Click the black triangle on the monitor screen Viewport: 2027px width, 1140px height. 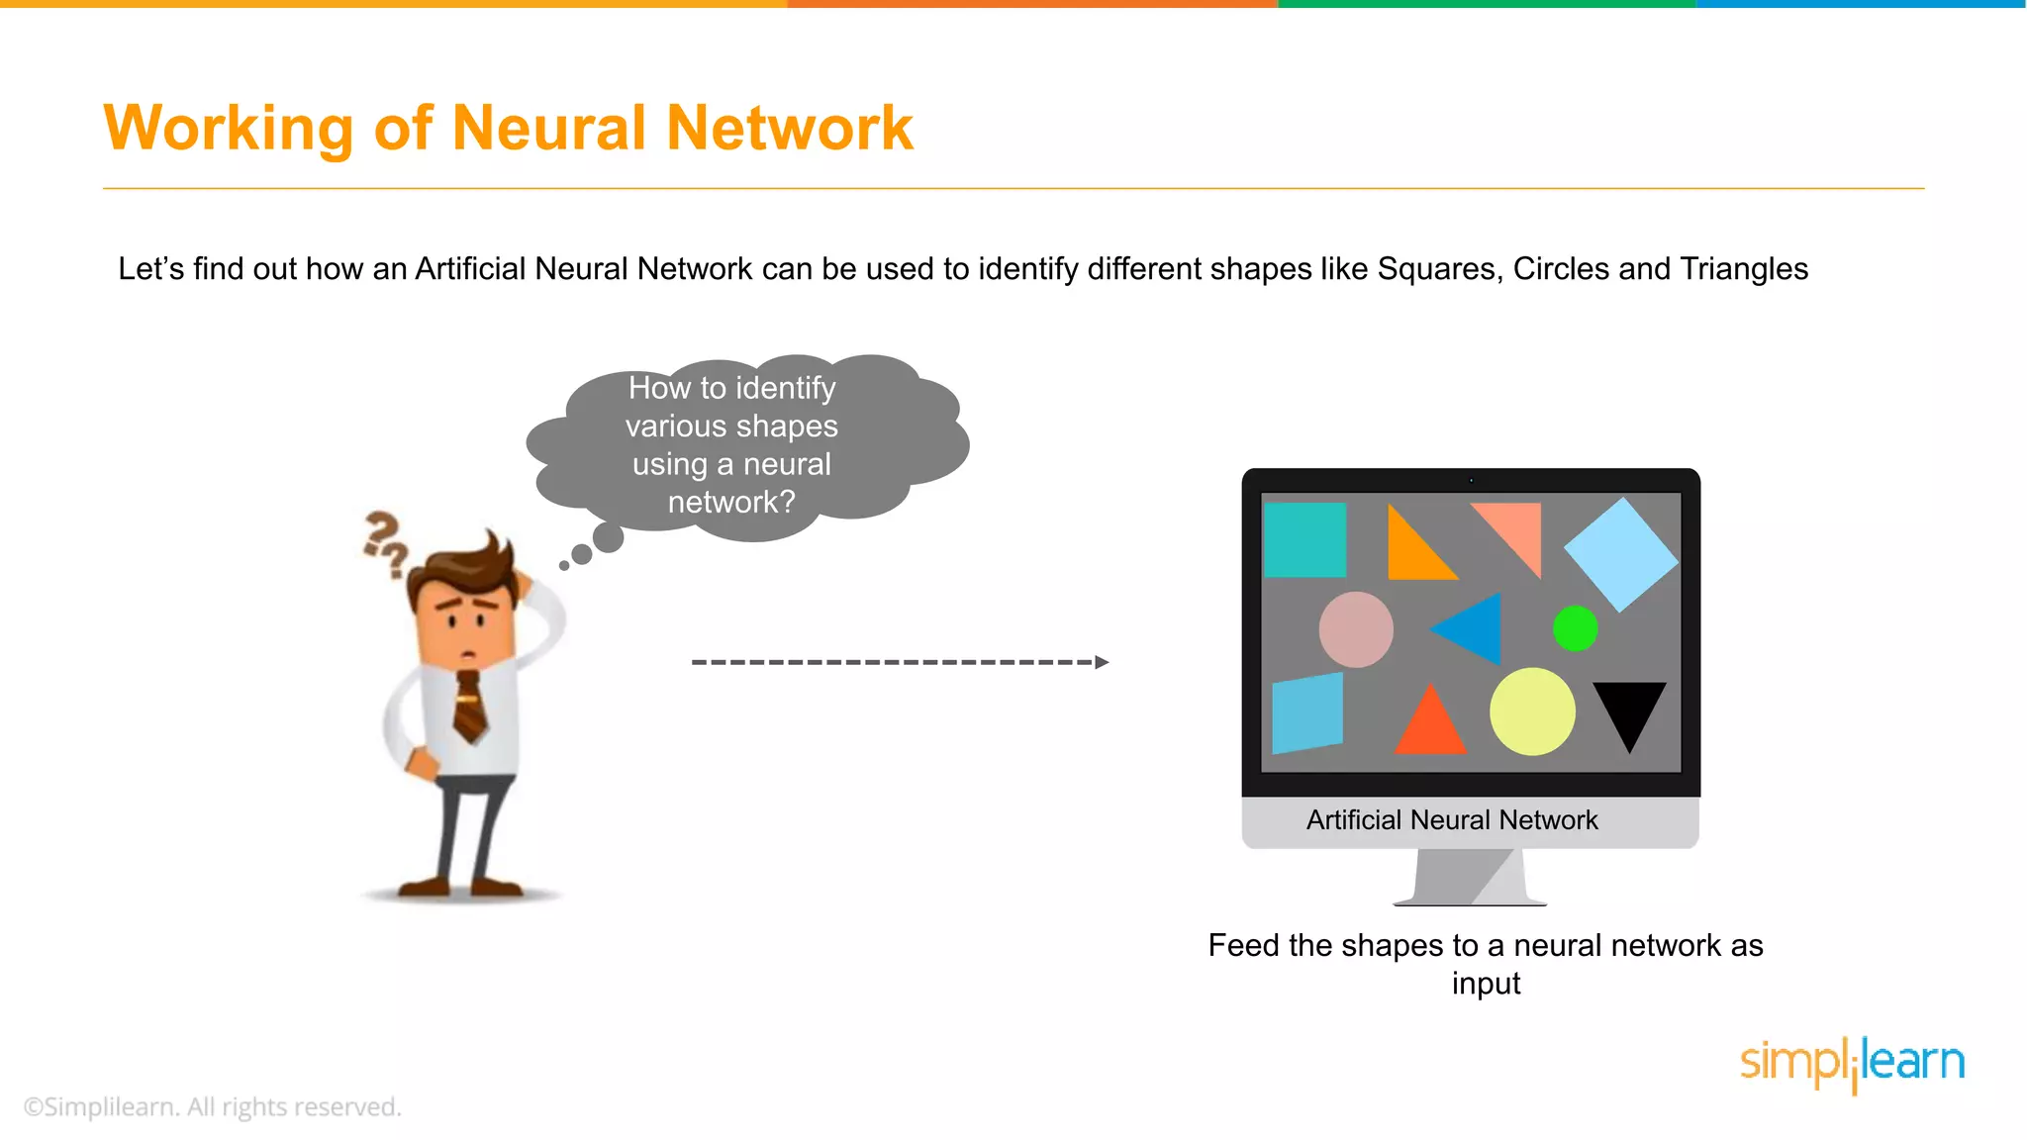(1629, 709)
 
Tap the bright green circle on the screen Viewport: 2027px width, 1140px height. (1575, 628)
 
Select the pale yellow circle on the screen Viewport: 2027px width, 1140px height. (1532, 712)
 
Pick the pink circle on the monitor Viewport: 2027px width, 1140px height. (1356, 629)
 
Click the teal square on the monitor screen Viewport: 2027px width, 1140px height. (1305, 540)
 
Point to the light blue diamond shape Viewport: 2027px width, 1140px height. (1620, 555)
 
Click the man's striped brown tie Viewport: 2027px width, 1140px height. (469, 706)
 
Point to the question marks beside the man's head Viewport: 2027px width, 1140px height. (385, 542)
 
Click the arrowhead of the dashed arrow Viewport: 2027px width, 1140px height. (1102, 662)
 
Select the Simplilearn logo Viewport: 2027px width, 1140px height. (1852, 1064)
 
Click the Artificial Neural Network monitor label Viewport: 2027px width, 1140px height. (1452, 820)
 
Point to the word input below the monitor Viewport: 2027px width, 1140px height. (1486, 984)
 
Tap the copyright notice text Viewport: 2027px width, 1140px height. (213, 1106)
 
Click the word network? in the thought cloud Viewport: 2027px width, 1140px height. (731, 503)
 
